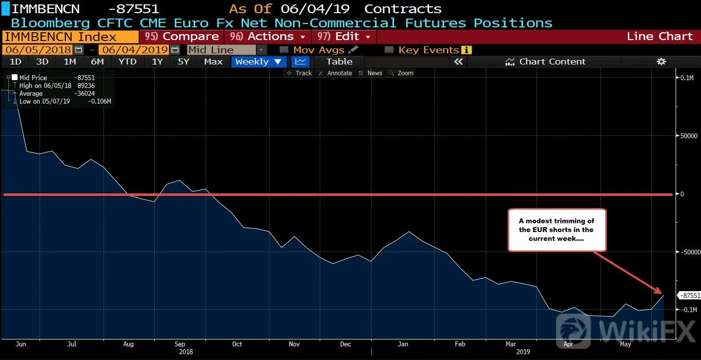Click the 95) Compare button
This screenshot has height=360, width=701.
point(182,37)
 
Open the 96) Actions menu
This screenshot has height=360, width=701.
point(268,37)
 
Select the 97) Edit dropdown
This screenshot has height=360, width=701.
point(344,37)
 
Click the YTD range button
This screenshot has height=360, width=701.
point(127,62)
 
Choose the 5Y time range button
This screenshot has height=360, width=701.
point(184,62)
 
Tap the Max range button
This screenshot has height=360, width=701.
point(213,62)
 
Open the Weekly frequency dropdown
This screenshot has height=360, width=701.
point(259,62)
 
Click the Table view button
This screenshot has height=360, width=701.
point(339,62)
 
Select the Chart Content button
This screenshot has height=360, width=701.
point(545,62)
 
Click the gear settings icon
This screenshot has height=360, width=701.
point(661,62)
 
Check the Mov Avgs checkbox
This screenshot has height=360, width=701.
point(284,50)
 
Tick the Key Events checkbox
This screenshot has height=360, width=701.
point(389,50)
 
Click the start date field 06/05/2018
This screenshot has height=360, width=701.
point(38,50)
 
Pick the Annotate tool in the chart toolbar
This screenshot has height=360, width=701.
point(335,73)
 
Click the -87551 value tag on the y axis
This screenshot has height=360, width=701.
point(689,296)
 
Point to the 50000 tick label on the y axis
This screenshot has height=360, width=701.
point(689,136)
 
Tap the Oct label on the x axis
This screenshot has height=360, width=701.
point(237,344)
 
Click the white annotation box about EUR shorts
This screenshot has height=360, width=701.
point(557,230)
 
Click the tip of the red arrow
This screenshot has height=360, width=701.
point(663,294)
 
